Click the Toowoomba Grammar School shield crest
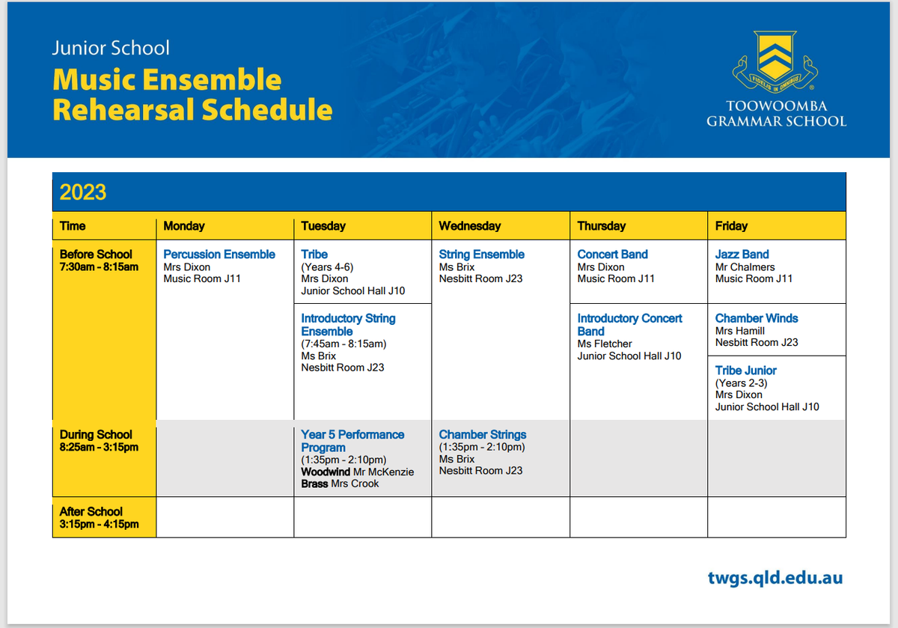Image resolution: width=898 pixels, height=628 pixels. pos(775,61)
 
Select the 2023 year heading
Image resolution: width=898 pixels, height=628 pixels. pos(83,192)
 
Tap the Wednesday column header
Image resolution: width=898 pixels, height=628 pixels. pos(470,226)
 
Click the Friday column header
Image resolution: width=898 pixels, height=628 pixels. pos(731,226)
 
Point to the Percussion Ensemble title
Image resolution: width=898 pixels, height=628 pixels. pos(219,254)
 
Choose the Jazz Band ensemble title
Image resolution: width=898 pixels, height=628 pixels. pos(742,254)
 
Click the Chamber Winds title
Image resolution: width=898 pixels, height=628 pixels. pos(757,318)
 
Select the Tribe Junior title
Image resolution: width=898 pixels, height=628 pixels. pos(745,371)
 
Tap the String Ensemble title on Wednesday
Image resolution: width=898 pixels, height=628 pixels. pos(481,254)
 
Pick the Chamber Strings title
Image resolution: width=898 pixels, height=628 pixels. pos(482,435)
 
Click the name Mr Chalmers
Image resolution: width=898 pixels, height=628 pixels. pos(745,267)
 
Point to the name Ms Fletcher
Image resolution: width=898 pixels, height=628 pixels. pos(605,344)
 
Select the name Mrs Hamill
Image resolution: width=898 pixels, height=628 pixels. pos(739,331)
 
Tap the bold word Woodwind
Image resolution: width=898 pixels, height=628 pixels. pos(326,472)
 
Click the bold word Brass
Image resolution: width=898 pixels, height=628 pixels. pos(315,484)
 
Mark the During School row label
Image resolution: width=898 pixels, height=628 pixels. pos(99,441)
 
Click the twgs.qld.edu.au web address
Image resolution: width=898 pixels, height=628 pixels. pos(775,578)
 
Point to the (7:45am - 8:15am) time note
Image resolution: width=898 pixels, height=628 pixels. pos(343,344)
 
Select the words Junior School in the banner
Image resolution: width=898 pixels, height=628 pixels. pos(111,48)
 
